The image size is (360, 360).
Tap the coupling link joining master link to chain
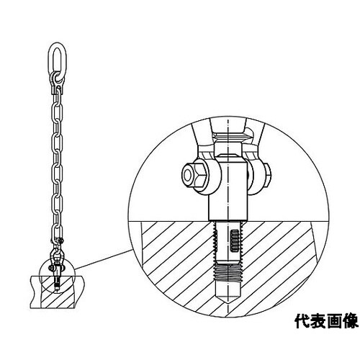tap(58, 82)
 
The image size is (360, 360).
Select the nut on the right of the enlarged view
tap(267, 176)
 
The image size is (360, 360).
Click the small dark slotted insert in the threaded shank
tap(234, 240)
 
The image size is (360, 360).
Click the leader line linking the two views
tap(104, 259)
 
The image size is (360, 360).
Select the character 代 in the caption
tap(302, 321)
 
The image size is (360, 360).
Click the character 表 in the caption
tap(318, 321)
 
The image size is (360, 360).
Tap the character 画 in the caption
tap(334, 321)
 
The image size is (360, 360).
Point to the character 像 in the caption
tap(351, 321)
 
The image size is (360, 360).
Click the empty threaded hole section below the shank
tap(228, 274)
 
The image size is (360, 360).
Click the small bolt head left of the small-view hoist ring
tap(50, 267)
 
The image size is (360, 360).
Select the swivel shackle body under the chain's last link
tap(57, 257)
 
